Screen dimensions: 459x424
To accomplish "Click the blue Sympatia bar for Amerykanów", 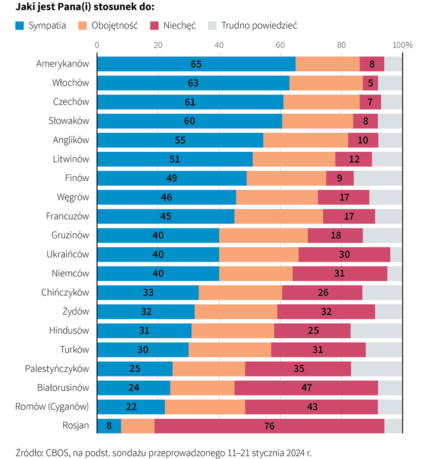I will tap(196, 64).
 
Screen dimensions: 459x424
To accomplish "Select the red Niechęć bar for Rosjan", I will tap(269, 426).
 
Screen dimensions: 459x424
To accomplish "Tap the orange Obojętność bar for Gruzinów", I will tap(263, 235).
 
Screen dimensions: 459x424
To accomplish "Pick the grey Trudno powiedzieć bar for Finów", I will tap(378, 178).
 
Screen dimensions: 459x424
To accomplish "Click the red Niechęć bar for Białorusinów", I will tap(306, 388).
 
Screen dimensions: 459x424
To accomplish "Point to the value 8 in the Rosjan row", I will tap(108, 426).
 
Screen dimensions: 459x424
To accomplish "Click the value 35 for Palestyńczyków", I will tap(299, 369).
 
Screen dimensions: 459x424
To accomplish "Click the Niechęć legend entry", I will tap(172, 26).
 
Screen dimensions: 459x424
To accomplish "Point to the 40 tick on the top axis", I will tap(219, 45).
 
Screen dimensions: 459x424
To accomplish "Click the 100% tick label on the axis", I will tap(403, 45).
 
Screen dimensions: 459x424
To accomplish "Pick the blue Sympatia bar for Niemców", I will tap(158, 273).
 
